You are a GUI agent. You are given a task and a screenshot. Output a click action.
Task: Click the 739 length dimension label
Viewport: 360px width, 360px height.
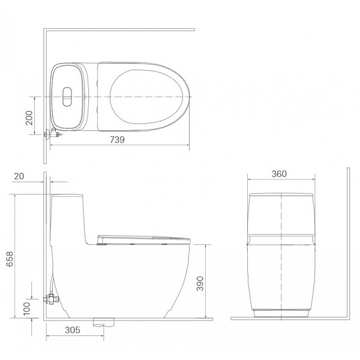[117, 140]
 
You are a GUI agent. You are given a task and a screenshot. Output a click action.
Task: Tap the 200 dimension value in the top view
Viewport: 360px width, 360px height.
[29, 118]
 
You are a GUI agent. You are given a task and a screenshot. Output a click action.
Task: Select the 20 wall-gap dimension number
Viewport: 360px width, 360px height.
[19, 176]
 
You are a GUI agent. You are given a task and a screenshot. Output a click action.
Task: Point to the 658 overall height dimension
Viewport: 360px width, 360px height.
[10, 259]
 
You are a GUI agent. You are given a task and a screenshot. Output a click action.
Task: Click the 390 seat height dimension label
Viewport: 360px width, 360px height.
[200, 284]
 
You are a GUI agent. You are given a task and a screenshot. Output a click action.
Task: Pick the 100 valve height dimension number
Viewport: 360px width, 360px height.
[27, 308]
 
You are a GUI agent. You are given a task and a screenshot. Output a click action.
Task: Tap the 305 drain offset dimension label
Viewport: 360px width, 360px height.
[73, 330]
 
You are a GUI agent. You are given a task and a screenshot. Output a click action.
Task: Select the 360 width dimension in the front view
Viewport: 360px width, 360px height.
[279, 174]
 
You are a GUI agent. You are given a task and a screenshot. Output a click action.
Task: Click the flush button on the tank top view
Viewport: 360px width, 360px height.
[67, 97]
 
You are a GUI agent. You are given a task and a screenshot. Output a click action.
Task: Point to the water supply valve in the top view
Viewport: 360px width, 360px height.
[53, 133]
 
